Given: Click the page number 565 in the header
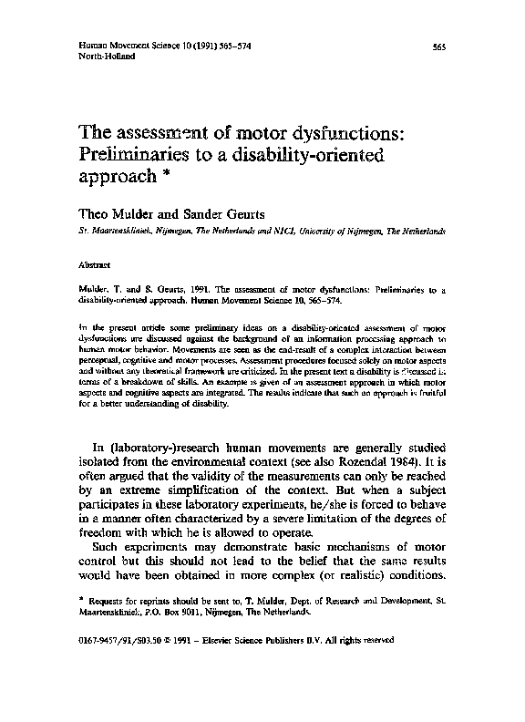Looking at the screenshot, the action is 438,46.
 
